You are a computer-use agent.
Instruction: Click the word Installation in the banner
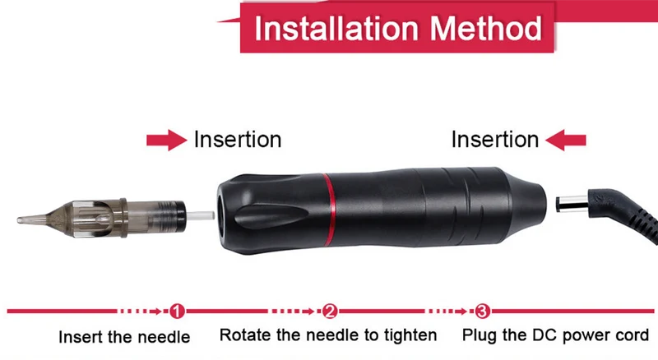pyautogui.click(x=336, y=29)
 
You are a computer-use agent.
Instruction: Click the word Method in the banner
pyautogui.click(x=485, y=29)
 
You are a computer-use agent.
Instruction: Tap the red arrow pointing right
pyautogui.click(x=167, y=140)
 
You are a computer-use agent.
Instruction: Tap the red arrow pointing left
pyautogui.click(x=566, y=140)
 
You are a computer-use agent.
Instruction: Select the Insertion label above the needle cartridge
pyautogui.click(x=238, y=139)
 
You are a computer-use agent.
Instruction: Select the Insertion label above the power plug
pyautogui.click(x=495, y=139)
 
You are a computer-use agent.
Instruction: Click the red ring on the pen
pyautogui.click(x=330, y=210)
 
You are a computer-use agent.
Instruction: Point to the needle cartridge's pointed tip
pyautogui.click(x=18, y=219)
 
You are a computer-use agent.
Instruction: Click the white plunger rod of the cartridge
pyautogui.click(x=200, y=216)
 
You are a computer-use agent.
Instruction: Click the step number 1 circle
pyautogui.click(x=177, y=312)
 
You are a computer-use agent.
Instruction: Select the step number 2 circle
pyautogui.click(x=330, y=312)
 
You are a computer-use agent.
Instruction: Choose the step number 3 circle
pyautogui.click(x=483, y=312)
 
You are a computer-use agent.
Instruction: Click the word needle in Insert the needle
pyautogui.click(x=164, y=337)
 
